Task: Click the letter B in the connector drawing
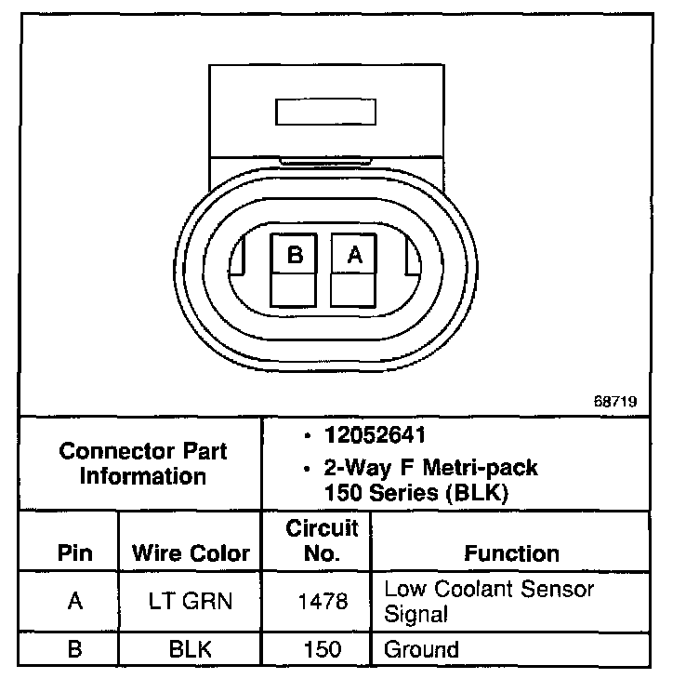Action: point(295,254)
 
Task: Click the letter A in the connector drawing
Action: point(353,254)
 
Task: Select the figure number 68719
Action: point(617,403)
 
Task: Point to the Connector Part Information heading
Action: point(142,464)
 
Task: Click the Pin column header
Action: point(74,554)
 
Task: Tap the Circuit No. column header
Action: point(322,541)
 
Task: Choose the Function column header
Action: point(511,554)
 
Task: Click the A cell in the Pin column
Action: point(74,601)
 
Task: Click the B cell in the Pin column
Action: point(74,648)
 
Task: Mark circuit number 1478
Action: point(322,602)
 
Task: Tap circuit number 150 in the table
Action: point(322,648)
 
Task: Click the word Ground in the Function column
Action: point(421,648)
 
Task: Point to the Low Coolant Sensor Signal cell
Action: point(489,601)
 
